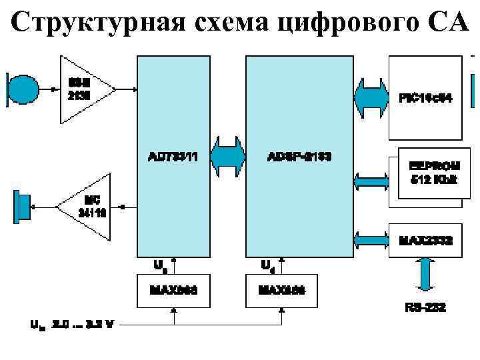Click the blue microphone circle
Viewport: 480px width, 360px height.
(x=25, y=88)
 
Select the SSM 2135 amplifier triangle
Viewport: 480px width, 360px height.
(x=83, y=89)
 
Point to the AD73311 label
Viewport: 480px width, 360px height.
(x=173, y=157)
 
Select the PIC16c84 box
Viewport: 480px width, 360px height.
(x=425, y=97)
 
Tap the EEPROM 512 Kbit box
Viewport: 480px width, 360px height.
(x=430, y=173)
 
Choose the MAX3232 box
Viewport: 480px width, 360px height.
(x=425, y=239)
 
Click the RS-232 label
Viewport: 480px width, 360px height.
(x=425, y=308)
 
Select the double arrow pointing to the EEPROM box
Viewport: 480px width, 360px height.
(x=371, y=179)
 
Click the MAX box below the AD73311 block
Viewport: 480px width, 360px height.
(x=173, y=291)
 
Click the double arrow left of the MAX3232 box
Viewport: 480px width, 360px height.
(x=371, y=238)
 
